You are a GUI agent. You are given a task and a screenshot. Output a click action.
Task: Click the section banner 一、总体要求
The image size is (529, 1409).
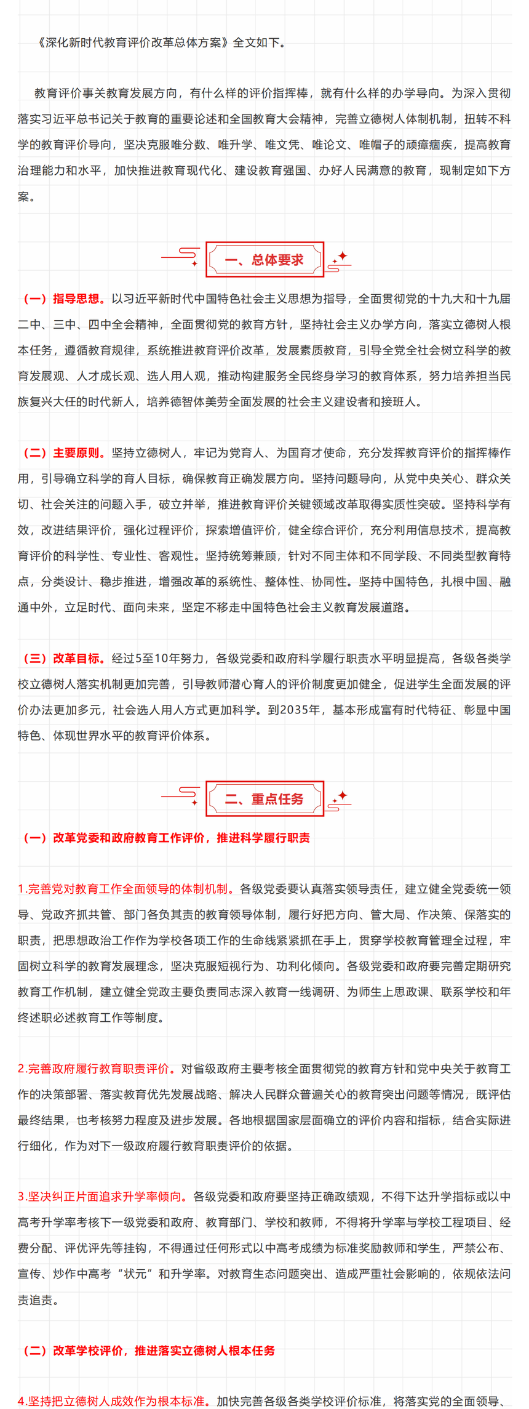pyautogui.click(x=264, y=260)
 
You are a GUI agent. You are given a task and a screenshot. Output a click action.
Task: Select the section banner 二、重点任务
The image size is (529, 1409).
pyautogui.click(x=264, y=799)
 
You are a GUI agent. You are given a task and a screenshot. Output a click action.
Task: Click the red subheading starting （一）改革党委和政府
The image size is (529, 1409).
pyautogui.click(x=166, y=838)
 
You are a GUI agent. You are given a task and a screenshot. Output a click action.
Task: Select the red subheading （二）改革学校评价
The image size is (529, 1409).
pyautogui.click(x=149, y=1351)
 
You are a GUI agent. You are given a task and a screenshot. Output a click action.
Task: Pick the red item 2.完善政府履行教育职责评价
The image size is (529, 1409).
pyautogui.click(x=97, y=1069)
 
